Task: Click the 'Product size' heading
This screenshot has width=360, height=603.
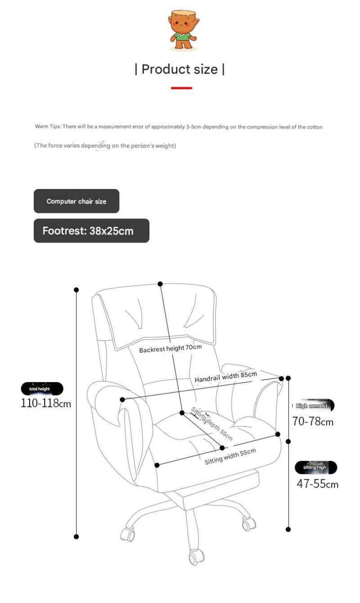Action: [x=180, y=69]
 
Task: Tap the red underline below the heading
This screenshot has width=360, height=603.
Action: [x=181, y=88]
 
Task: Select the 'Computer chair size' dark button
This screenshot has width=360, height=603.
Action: [x=76, y=201]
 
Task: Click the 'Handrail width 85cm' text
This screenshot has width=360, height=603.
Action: [x=225, y=377]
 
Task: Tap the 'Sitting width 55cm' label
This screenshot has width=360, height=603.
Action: [x=230, y=456]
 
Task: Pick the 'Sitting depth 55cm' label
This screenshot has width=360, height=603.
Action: [x=212, y=423]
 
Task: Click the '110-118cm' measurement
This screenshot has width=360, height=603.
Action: [x=46, y=403]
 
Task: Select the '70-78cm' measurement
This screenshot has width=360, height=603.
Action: [x=313, y=422]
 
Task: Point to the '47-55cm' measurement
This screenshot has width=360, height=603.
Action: [x=317, y=484]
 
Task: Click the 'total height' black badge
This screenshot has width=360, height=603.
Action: [x=42, y=389]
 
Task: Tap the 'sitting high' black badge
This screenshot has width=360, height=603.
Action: [x=315, y=468]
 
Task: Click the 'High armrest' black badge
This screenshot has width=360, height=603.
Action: [x=313, y=406]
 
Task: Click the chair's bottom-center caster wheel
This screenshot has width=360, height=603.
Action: [x=195, y=558]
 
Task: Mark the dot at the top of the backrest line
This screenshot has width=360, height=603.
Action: [x=160, y=284]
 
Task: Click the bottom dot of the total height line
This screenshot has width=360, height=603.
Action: [x=76, y=536]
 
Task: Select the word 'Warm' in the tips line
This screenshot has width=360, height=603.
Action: [x=41, y=127]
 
